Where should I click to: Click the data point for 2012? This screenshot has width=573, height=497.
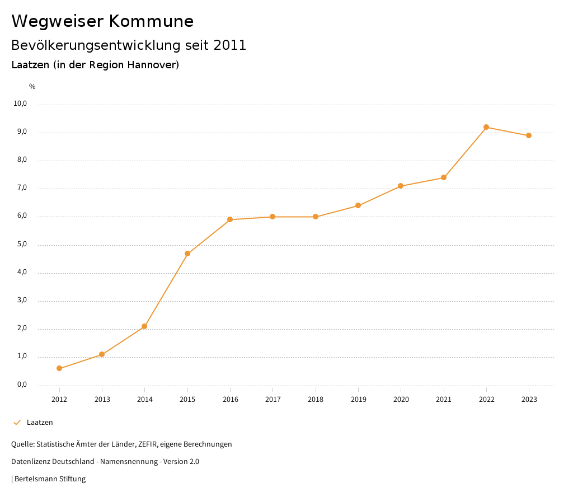tap(59, 368)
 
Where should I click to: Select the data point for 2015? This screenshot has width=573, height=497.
tap(187, 254)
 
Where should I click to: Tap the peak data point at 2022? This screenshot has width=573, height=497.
tap(486, 127)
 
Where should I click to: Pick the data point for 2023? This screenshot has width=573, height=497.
tap(529, 135)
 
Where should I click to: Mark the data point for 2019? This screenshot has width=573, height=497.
tap(358, 205)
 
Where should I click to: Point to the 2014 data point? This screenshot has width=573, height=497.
tap(144, 326)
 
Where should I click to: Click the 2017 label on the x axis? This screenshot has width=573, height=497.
tap(273, 400)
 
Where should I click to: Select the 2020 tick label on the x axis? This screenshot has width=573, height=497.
tap(401, 400)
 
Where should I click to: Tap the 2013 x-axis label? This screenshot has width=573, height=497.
tap(102, 400)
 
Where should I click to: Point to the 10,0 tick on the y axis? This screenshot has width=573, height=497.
tap(21, 104)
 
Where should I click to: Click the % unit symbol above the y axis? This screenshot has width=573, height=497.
tap(32, 87)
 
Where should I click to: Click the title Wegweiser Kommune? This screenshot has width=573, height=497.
tap(102, 21)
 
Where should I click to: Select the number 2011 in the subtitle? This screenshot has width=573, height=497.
tap(229, 45)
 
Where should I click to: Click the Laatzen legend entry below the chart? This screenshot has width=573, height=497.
tap(40, 423)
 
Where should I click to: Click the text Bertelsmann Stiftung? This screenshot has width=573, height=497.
tap(50, 479)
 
